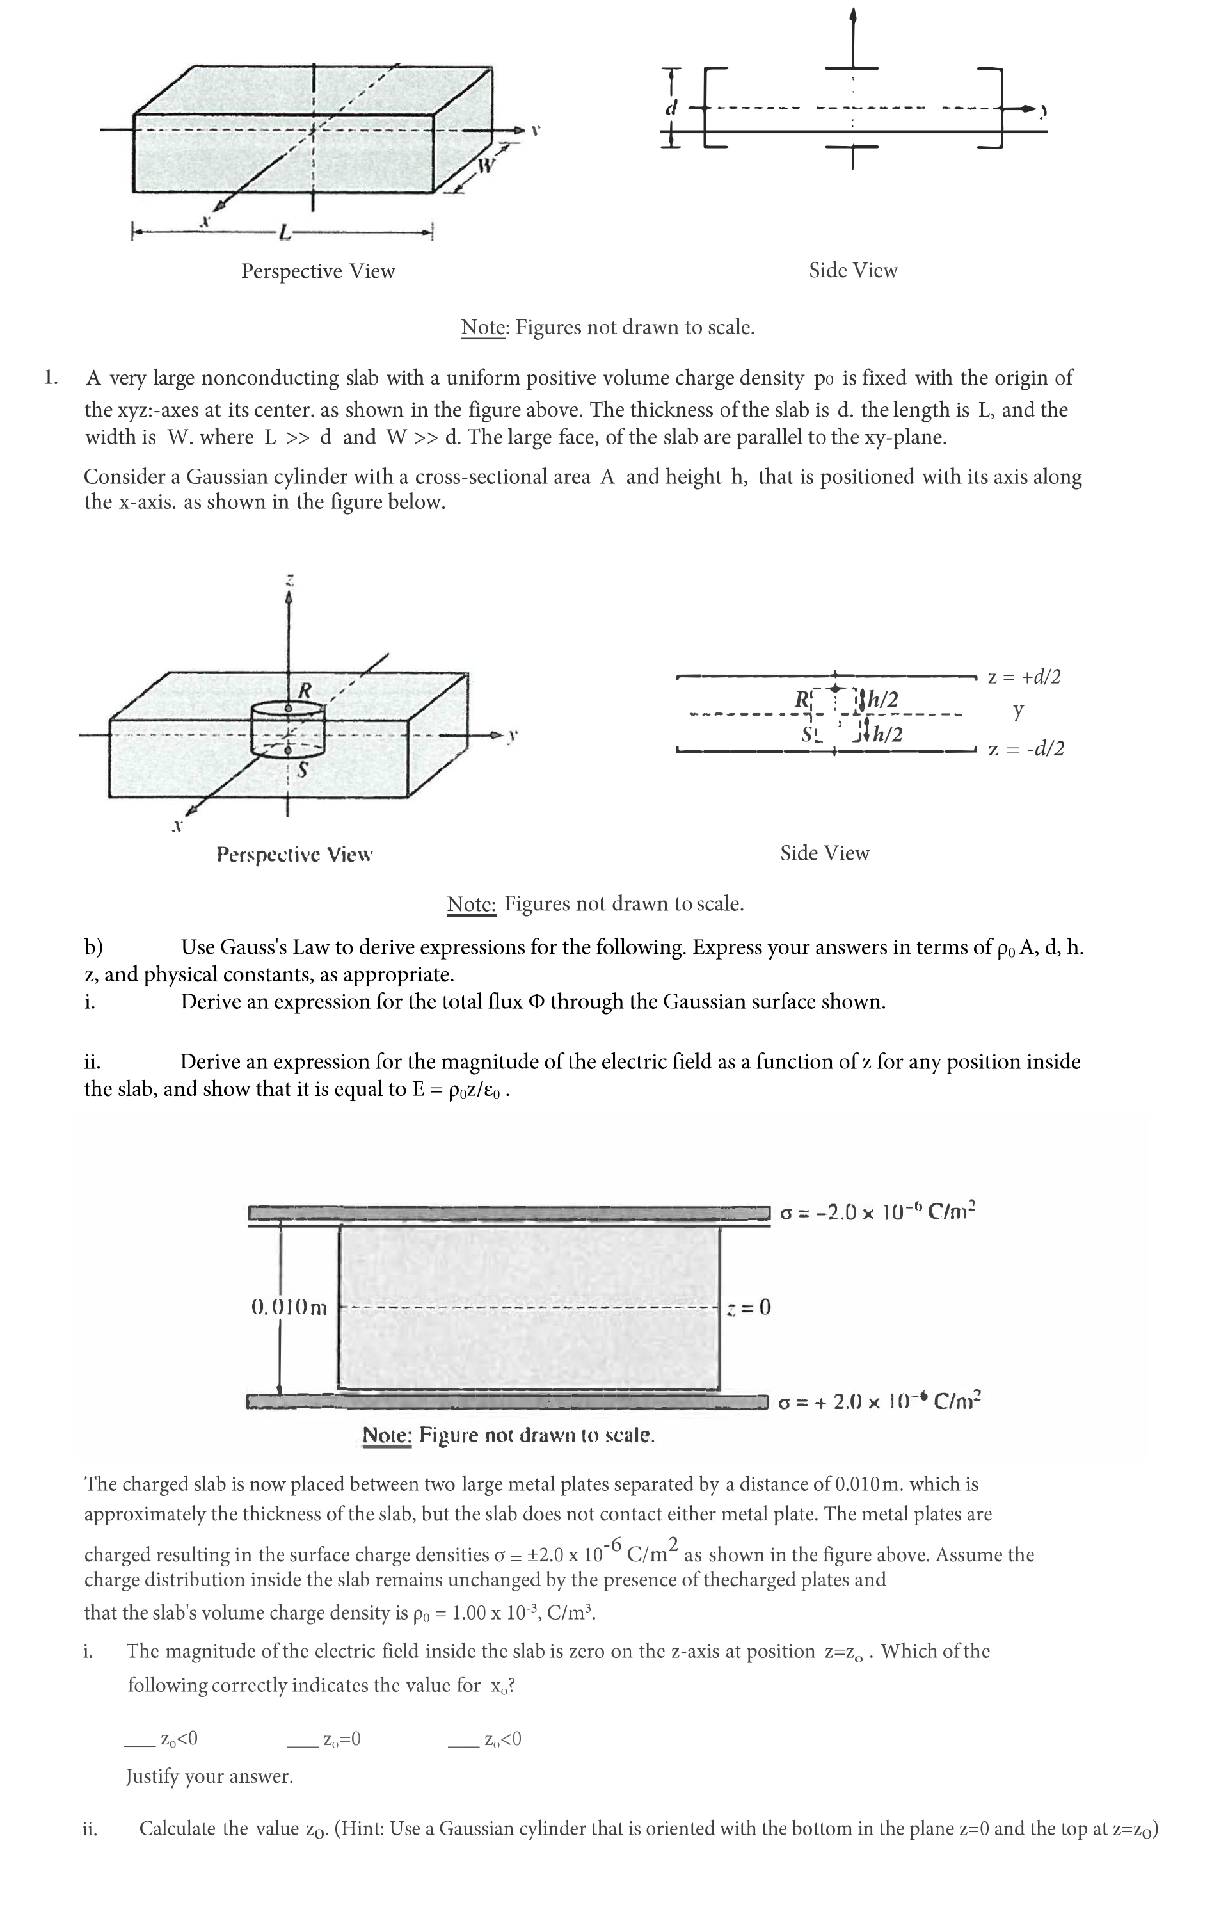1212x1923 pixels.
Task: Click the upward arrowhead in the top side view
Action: tap(854, 14)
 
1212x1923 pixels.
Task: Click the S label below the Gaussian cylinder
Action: tap(303, 771)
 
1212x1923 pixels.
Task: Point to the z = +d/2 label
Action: tap(1025, 677)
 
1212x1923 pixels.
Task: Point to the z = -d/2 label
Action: tap(1026, 749)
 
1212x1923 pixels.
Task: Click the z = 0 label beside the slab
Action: tap(750, 1307)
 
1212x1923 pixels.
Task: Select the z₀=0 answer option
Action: tap(342, 1739)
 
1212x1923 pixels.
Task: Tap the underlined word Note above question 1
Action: tap(483, 327)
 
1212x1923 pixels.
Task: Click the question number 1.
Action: tap(51, 377)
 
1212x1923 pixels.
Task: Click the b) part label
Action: tap(93, 947)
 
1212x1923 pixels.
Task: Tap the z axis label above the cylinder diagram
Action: tap(291, 577)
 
